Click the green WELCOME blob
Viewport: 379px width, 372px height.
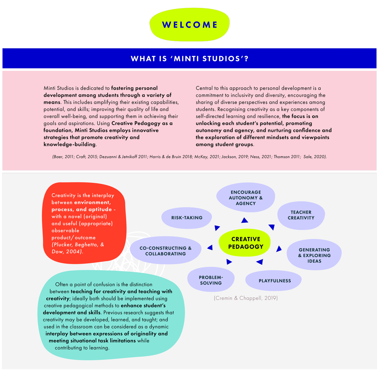point(189,25)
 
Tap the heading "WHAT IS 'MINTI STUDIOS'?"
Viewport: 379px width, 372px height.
point(189,59)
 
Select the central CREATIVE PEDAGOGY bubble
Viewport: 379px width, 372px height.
point(245,243)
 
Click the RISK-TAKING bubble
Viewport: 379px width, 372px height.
point(187,218)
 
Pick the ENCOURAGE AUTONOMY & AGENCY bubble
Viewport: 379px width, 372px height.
point(246,198)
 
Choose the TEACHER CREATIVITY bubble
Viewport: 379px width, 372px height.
point(301,215)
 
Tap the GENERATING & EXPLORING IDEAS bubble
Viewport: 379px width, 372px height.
point(314,255)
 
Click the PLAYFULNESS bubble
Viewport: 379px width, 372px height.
point(274,281)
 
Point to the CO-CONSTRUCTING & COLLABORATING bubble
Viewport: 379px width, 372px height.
point(165,250)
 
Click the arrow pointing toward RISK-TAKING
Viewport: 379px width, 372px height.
point(217,228)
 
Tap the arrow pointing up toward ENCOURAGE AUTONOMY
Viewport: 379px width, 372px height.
point(245,220)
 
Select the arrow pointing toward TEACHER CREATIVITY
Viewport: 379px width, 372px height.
point(272,227)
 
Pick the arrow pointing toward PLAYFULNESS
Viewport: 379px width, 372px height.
point(260,262)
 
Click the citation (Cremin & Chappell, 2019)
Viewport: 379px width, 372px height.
point(246,298)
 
